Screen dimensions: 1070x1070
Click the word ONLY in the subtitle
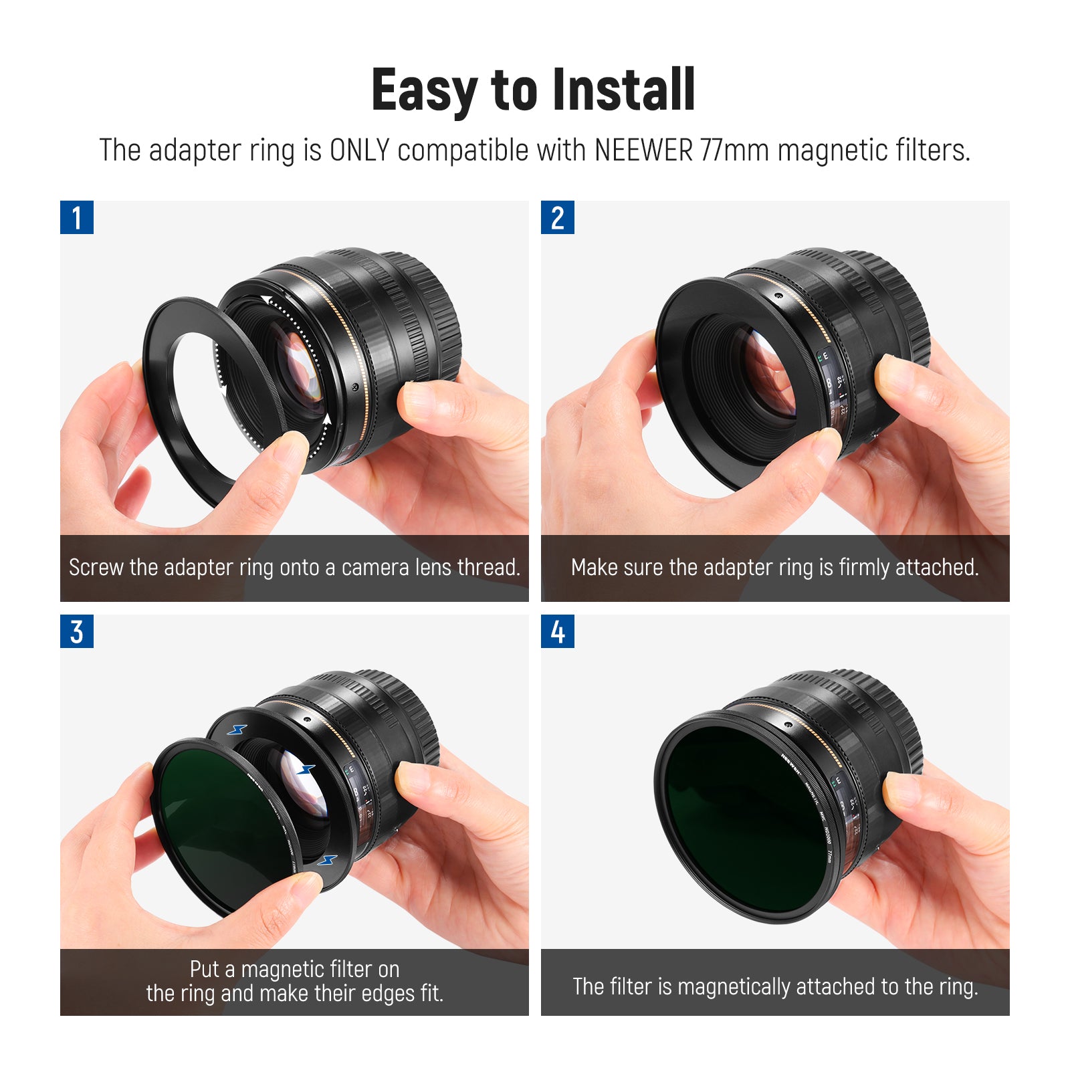[359, 150]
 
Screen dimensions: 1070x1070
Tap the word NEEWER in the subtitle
[643, 150]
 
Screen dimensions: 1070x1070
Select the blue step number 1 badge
[77, 218]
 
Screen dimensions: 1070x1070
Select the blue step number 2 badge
[557, 218]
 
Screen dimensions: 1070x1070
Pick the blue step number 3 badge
[77, 632]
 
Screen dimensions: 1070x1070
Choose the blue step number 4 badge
[557, 632]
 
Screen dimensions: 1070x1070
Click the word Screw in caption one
[96, 568]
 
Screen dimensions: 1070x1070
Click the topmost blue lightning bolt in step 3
[237, 730]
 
